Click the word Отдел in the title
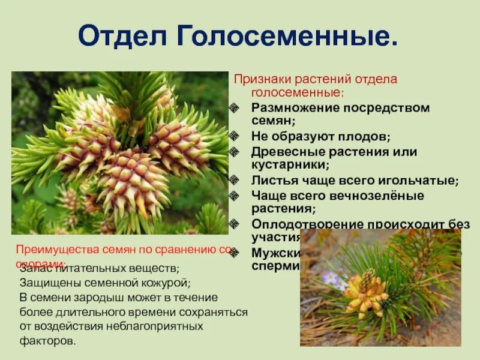click(123, 37)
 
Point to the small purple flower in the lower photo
click(331, 277)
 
